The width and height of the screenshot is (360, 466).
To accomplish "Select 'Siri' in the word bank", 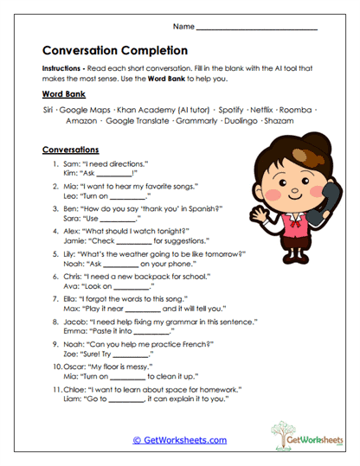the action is [49, 112].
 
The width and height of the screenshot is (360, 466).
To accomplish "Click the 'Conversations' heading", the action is [70, 149].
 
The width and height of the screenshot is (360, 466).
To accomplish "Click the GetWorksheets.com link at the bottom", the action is [179, 440].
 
